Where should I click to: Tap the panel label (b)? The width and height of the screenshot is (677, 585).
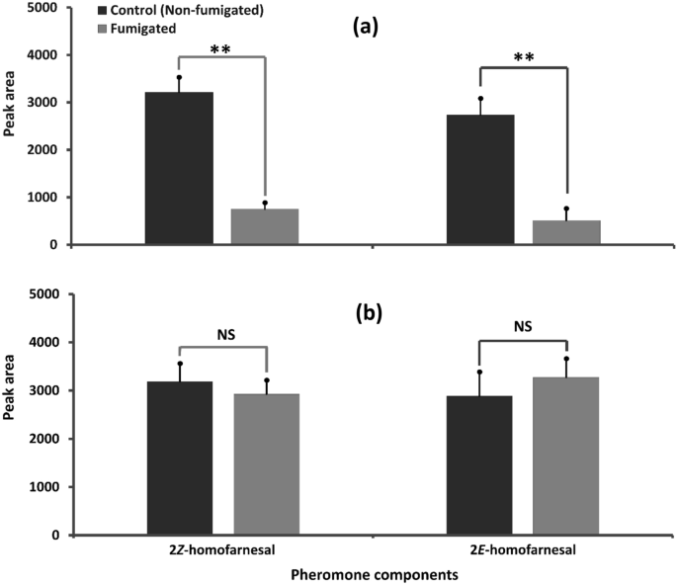[x=368, y=314]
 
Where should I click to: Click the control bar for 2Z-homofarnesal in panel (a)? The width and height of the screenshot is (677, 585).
[x=179, y=168]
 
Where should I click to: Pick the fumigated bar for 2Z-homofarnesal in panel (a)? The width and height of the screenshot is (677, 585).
[x=264, y=226]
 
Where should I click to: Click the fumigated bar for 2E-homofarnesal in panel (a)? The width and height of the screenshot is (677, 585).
[x=566, y=232]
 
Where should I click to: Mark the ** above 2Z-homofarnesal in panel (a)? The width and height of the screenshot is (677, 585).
[x=220, y=48]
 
